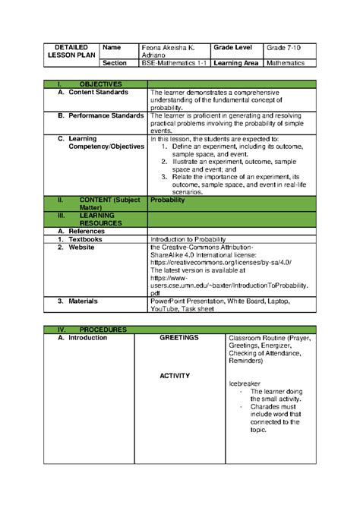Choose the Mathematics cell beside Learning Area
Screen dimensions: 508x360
(286, 63)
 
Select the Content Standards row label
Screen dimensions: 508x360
(99, 92)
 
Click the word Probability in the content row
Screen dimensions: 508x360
(169, 201)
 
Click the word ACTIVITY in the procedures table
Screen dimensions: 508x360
(175, 376)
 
